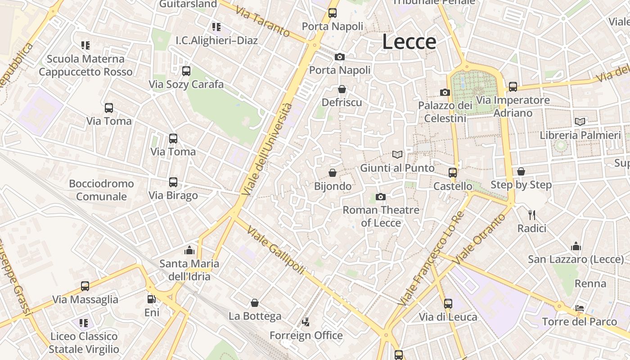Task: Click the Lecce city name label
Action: coord(409,42)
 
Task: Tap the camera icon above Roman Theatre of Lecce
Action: coord(380,197)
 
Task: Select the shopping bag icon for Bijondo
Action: coord(333,173)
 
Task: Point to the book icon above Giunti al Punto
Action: coord(397,155)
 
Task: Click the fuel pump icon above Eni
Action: coord(152,299)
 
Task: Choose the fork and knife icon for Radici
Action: coord(531,215)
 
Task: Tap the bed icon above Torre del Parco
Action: coord(580,308)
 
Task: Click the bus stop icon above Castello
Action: coord(453,173)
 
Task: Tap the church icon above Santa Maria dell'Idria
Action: coord(189,250)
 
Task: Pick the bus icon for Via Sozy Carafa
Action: coord(186,71)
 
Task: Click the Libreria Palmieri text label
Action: coord(580,135)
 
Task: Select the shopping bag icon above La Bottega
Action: coord(255,303)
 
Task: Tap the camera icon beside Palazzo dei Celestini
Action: coord(445,92)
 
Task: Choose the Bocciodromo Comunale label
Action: coord(101,190)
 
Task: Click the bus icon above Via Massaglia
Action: coord(85,286)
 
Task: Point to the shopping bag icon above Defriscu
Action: coord(342,89)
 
